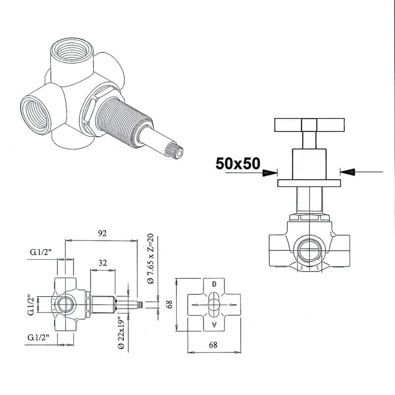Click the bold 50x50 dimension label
click(238, 163)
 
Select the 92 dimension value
click(102, 233)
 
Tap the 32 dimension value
click(103, 263)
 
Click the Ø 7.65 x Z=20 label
click(151, 258)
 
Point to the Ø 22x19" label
click(121, 333)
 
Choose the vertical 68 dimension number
click(170, 304)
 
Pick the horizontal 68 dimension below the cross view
click(213, 345)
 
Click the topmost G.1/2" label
click(40, 252)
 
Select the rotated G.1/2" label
click(31, 305)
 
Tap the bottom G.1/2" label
click(38, 337)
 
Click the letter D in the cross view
click(214, 284)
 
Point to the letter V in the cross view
click(214, 325)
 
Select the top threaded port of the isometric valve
click(72, 49)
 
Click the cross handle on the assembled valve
click(309, 125)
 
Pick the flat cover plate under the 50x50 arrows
click(309, 183)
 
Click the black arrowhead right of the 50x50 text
click(270, 172)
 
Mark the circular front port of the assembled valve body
click(310, 250)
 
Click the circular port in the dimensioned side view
click(66, 305)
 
